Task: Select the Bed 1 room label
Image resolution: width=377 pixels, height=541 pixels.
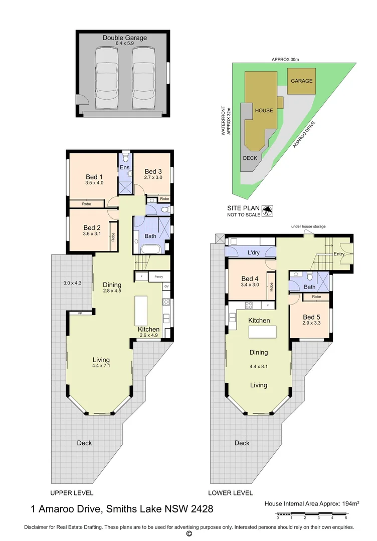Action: coord(94,177)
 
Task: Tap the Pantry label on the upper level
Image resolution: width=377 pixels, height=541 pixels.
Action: coord(159,276)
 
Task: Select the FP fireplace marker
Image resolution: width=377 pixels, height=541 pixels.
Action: coord(80,313)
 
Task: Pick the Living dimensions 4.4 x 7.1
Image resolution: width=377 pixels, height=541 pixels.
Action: coord(101,366)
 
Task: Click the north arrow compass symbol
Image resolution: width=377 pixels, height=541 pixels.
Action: coord(268,211)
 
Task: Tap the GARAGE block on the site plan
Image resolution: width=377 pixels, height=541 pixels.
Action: coord(302,81)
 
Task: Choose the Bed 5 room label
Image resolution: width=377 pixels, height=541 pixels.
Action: coord(311,317)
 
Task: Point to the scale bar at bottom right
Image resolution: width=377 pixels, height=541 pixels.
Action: coord(311,514)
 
